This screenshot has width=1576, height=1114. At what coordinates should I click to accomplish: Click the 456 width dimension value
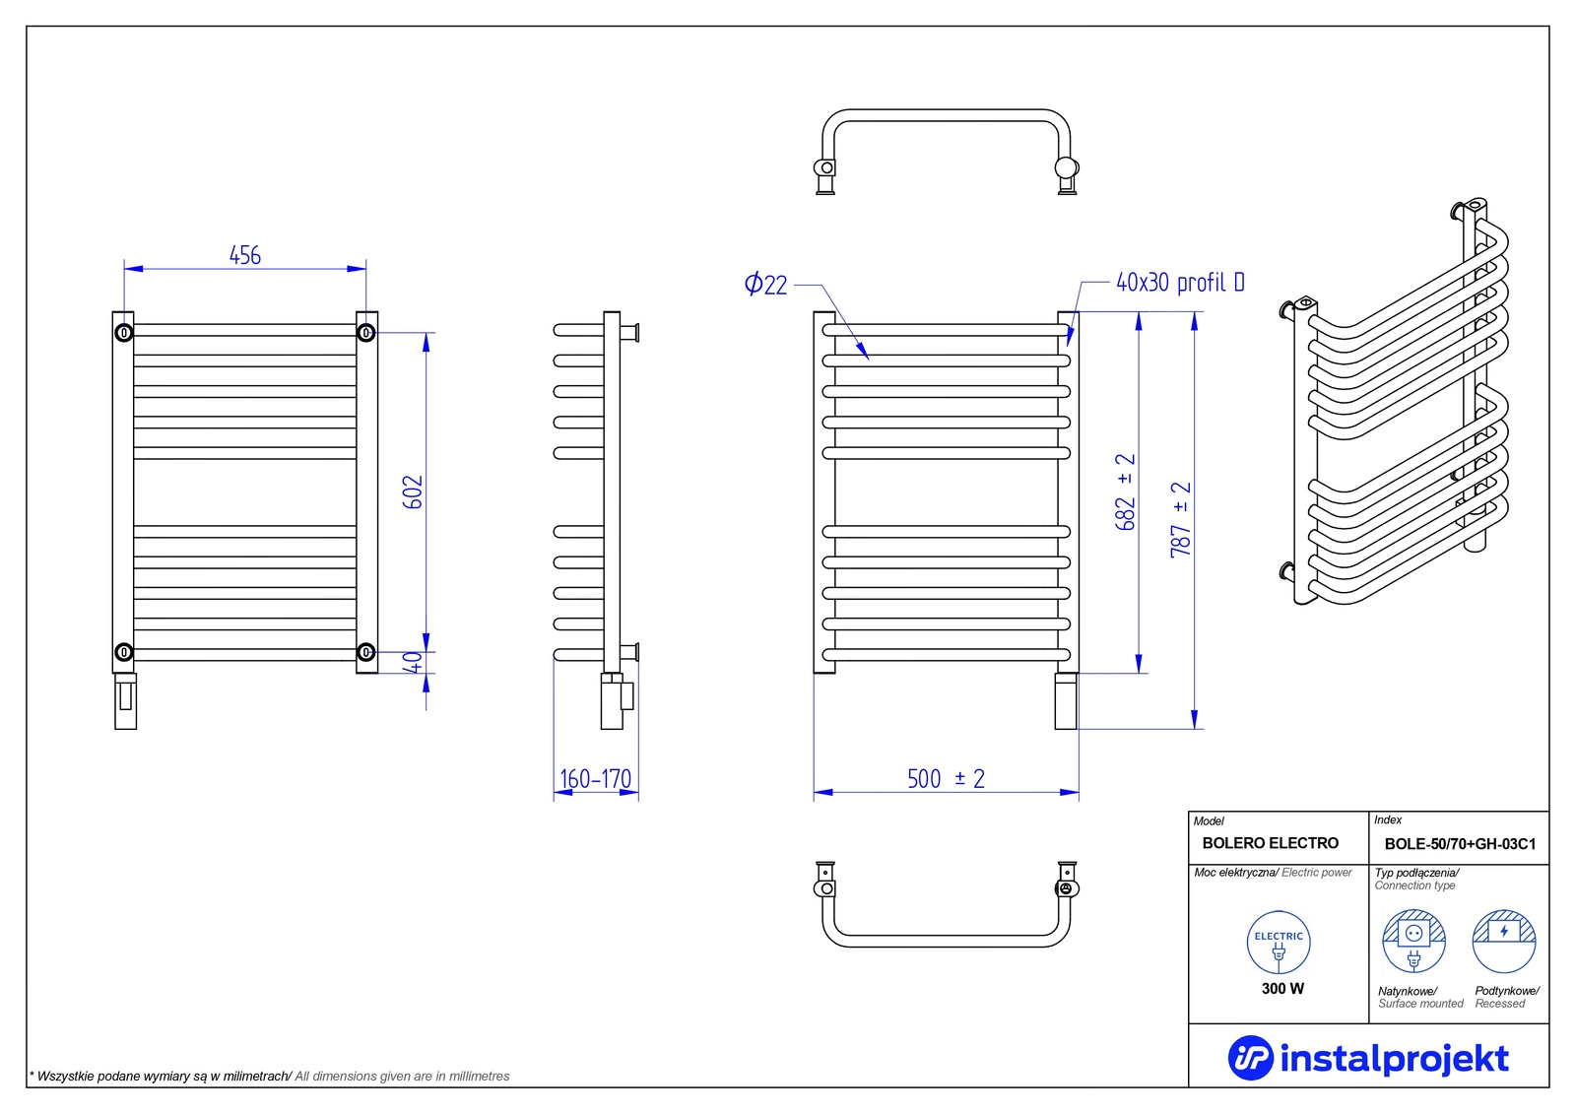[x=245, y=255]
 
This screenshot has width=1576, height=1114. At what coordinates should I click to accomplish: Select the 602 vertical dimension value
[x=413, y=491]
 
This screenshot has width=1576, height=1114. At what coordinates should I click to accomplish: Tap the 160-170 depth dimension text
[x=595, y=779]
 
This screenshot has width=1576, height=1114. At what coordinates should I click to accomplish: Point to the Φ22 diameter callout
[x=765, y=285]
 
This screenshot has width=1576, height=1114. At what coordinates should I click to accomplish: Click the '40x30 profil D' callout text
[x=1181, y=283]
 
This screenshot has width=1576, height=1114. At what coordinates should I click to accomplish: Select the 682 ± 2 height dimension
[x=1126, y=491]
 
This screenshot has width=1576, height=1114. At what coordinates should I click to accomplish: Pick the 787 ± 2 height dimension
[x=1181, y=520]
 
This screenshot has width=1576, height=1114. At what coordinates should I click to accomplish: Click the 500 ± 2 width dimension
[x=946, y=778]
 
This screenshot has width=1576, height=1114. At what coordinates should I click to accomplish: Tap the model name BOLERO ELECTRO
[x=1270, y=843]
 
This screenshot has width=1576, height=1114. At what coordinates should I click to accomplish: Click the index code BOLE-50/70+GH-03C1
[x=1460, y=844]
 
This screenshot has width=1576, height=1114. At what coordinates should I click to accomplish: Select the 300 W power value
[x=1282, y=989]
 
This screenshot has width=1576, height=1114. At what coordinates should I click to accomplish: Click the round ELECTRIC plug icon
[x=1279, y=943]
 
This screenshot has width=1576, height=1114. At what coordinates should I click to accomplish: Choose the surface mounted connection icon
[x=1413, y=941]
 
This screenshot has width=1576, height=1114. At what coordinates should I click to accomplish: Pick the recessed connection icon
[x=1504, y=941]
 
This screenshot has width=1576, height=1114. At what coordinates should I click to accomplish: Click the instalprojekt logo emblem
[x=1250, y=1058]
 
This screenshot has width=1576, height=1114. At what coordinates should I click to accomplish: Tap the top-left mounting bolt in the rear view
[x=124, y=332]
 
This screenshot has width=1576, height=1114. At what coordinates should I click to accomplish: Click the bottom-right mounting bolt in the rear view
[x=365, y=652]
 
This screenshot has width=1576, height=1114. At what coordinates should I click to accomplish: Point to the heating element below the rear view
[x=125, y=701]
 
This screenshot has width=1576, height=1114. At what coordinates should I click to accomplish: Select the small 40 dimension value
[x=413, y=662]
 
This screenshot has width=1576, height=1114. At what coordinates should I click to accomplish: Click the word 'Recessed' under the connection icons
[x=1500, y=1004]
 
